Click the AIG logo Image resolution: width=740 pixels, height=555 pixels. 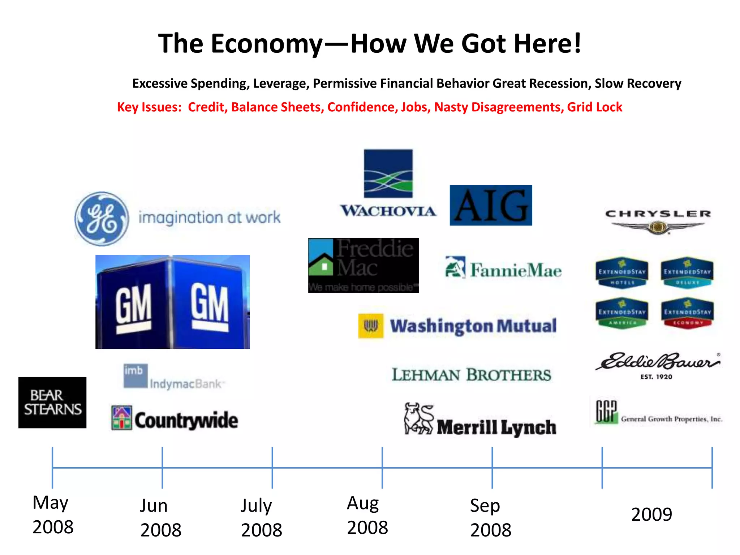click(x=491, y=205)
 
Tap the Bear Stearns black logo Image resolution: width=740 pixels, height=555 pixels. click(x=52, y=403)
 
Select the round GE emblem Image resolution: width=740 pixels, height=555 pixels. click(x=102, y=219)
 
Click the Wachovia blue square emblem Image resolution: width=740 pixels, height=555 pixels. click(x=388, y=173)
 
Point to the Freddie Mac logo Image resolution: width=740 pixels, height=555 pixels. click(x=363, y=265)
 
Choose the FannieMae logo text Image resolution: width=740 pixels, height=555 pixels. click(x=516, y=270)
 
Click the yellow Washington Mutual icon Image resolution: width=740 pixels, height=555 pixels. click(x=371, y=326)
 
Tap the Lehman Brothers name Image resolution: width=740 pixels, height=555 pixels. click(x=472, y=375)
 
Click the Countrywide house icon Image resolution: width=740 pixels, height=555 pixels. click(x=122, y=418)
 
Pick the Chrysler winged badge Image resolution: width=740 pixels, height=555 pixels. click(x=658, y=227)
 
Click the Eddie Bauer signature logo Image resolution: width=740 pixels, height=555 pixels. click(x=658, y=362)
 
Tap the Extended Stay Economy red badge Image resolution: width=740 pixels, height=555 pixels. click(x=687, y=313)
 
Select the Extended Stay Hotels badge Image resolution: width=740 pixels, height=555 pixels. click(x=621, y=273)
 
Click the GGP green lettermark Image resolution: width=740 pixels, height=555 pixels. click(x=606, y=412)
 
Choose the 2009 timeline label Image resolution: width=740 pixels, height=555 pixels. click(x=651, y=514)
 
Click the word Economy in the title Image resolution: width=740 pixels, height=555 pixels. click(x=266, y=44)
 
